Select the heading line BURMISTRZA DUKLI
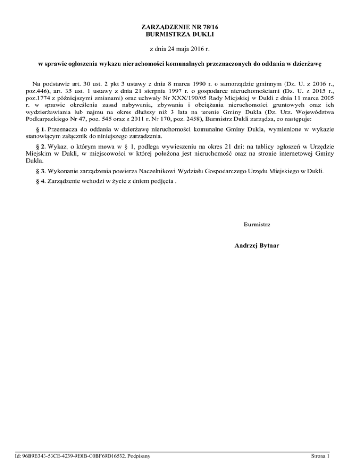tap(180, 34)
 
